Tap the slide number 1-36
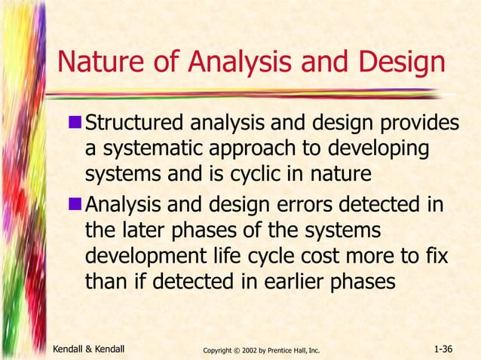[x=449, y=349]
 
